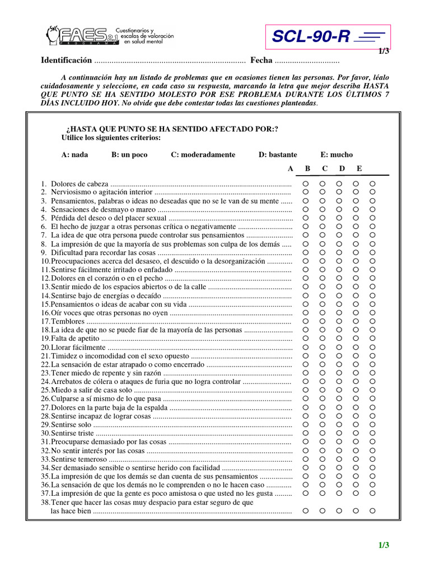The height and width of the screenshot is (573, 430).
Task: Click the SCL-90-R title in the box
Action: point(311,37)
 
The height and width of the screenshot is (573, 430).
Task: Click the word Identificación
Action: point(66,60)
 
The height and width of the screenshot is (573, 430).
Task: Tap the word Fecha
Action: point(261,60)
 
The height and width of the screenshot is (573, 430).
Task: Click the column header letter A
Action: point(290,168)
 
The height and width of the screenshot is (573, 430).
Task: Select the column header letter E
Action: point(359,168)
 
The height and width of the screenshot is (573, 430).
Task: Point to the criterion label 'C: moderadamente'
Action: point(203,154)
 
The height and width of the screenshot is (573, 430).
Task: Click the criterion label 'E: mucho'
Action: point(336,154)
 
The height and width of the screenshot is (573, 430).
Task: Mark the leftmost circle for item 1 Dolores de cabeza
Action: point(306,184)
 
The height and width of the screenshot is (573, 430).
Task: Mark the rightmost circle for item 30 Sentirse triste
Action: point(373,433)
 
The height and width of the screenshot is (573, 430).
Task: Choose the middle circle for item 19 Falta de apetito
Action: point(339,338)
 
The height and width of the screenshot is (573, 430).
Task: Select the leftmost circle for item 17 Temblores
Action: point(306,321)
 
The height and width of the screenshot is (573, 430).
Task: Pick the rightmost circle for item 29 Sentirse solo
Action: point(373,425)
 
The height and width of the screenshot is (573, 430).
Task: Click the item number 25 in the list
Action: point(45,390)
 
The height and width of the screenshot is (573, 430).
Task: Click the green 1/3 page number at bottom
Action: point(383,546)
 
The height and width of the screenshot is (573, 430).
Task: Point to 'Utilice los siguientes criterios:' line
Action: point(111,138)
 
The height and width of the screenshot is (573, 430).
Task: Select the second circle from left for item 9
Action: point(322,252)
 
